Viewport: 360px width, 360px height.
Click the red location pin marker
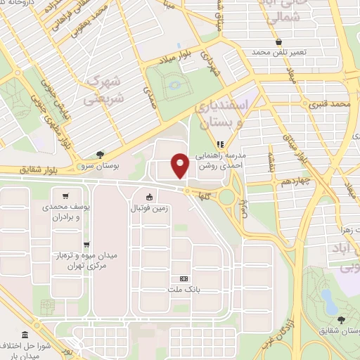click(181, 165)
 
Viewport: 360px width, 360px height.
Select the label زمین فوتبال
click(149, 208)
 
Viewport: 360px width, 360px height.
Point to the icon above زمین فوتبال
click(149, 198)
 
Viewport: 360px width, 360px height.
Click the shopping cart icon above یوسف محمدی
click(65, 196)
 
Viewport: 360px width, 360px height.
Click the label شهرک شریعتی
click(105, 91)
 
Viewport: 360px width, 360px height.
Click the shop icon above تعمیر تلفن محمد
click(280, 42)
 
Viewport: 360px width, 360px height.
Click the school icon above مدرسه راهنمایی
click(219, 144)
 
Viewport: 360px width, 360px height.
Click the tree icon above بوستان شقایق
click(341, 319)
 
